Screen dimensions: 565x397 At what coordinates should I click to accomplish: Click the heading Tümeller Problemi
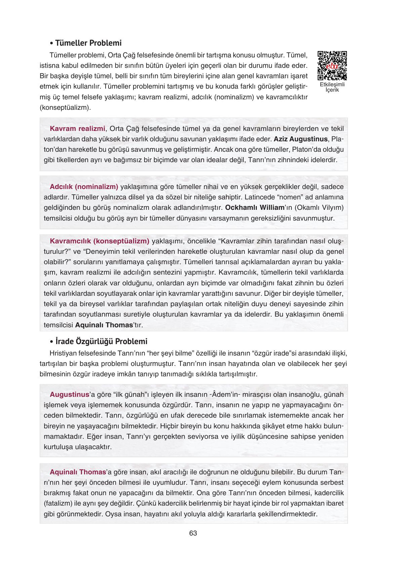pyautogui.click(x=88, y=43)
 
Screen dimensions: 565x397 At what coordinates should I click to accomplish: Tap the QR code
pyautogui.click(x=332, y=65)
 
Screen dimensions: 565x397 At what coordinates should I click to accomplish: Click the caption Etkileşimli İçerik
pyautogui.click(x=332, y=87)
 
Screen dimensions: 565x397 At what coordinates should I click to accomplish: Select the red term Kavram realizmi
pyautogui.click(x=77, y=129)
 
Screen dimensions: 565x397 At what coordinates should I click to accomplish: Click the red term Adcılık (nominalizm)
pyautogui.click(x=84, y=187)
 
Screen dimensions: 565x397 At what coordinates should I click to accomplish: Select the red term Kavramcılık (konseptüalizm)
pyautogui.click(x=100, y=241)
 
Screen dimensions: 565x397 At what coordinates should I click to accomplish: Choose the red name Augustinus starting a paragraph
pyautogui.click(x=69, y=394)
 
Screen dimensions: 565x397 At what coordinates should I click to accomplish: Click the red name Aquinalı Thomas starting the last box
pyautogui.click(x=78, y=472)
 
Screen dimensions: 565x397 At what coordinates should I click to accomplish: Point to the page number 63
pyautogui.click(x=193, y=533)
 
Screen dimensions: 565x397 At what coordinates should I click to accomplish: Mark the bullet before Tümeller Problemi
pyautogui.click(x=51, y=44)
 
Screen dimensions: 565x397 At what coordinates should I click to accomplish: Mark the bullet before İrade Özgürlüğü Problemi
pyautogui.click(x=51, y=342)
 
